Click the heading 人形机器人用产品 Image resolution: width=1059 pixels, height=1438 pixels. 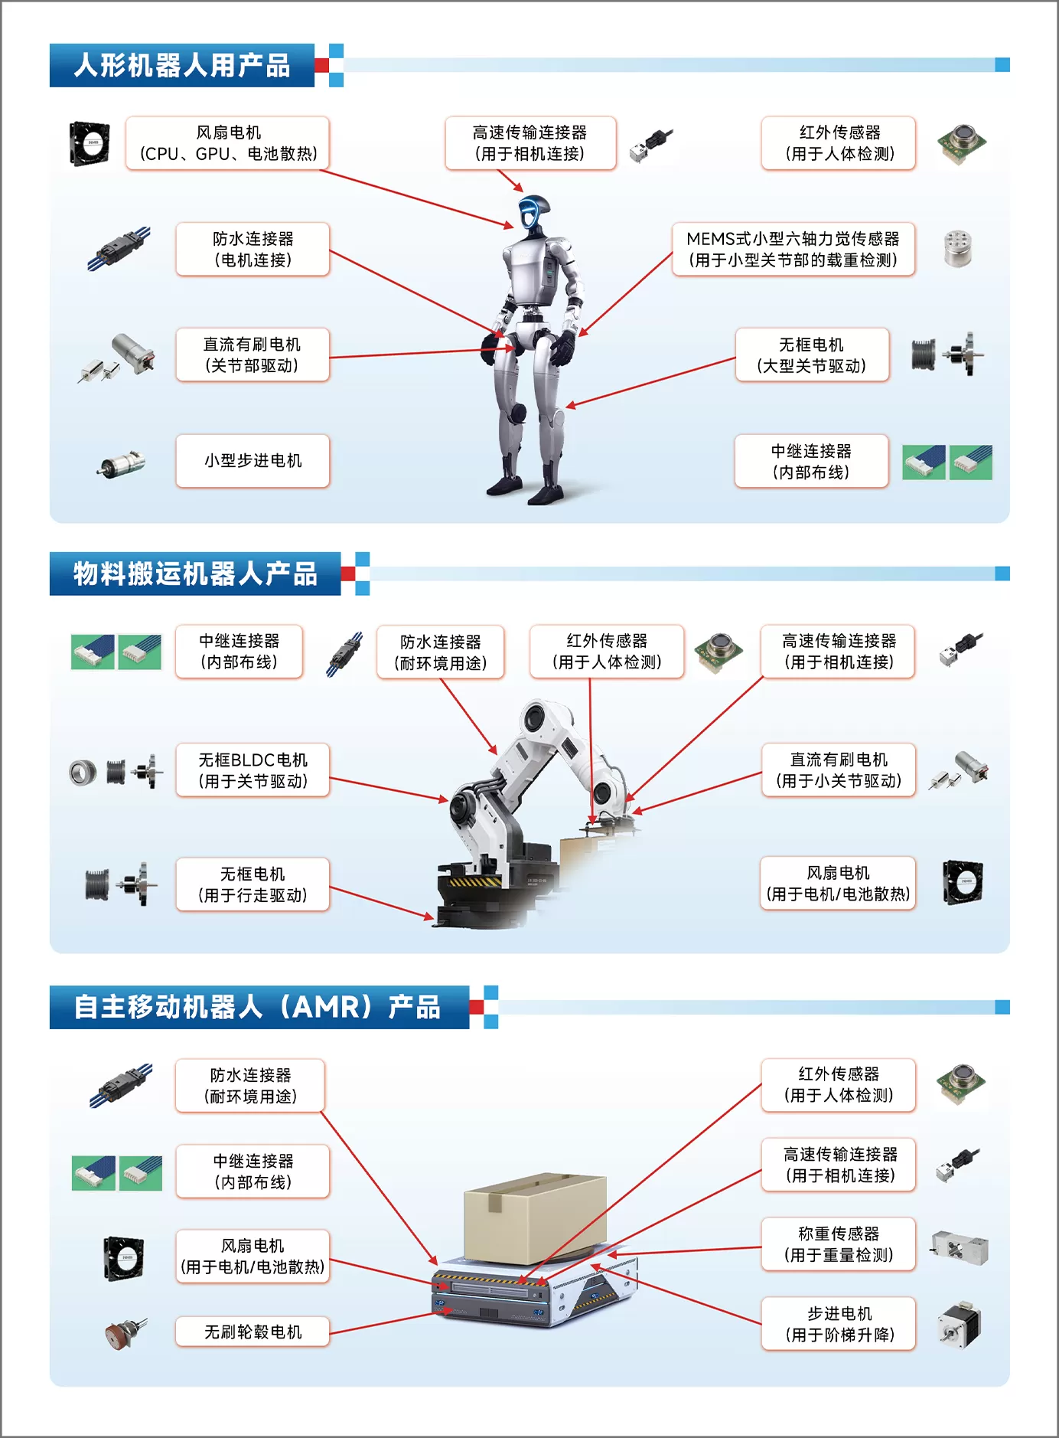click(x=182, y=66)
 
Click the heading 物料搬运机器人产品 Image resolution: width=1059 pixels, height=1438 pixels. click(x=195, y=574)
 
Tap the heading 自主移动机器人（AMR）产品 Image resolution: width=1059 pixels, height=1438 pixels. click(x=257, y=1007)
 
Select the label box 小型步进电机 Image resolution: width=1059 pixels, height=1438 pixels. click(x=253, y=461)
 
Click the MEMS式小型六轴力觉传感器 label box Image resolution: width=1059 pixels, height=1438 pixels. click(x=793, y=250)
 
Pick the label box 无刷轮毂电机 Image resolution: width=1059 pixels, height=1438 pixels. click(x=253, y=1332)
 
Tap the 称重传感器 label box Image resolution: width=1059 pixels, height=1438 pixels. click(x=839, y=1244)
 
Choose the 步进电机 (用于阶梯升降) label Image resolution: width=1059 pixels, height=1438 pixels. click(x=839, y=1324)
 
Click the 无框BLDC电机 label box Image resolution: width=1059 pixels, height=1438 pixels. click(x=253, y=770)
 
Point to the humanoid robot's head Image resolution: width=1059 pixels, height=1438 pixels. click(x=534, y=212)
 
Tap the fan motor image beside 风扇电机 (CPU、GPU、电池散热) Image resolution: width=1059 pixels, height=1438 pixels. click(x=90, y=143)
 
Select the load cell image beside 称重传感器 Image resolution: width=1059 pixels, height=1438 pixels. click(x=960, y=1247)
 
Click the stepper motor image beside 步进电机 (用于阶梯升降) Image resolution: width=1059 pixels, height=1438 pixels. click(x=959, y=1325)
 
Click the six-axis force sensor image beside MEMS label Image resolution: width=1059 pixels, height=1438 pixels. click(x=957, y=249)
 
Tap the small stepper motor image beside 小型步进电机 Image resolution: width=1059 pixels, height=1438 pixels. click(x=122, y=463)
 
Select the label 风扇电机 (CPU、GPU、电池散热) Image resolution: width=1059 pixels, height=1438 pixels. click(x=228, y=143)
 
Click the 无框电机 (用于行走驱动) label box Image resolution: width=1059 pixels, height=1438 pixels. click(x=253, y=884)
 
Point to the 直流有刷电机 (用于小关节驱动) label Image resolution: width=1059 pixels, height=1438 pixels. click(x=839, y=770)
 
